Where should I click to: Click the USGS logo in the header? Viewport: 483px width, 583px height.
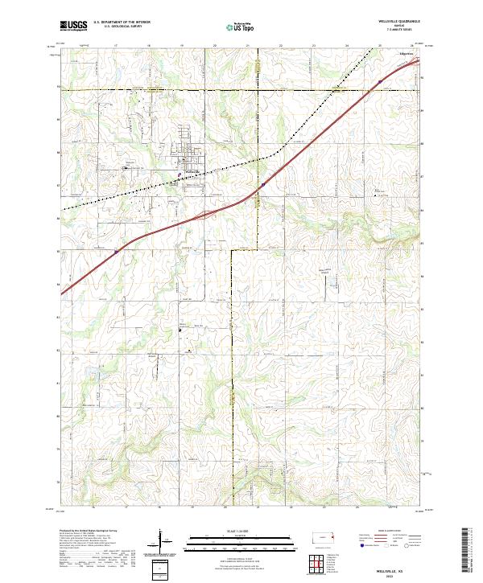point(74,26)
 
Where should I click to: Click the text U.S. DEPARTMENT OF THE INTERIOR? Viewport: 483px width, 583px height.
point(122,22)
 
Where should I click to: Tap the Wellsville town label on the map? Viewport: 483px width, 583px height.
point(191,171)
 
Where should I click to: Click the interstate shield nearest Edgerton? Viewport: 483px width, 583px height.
point(376,81)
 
